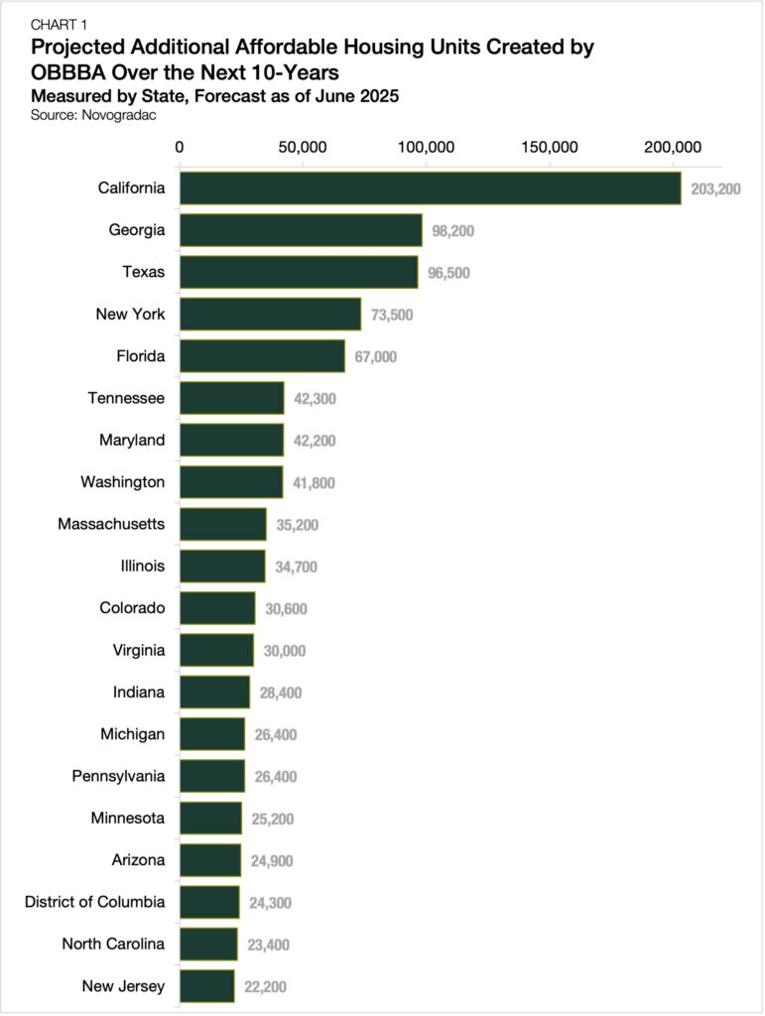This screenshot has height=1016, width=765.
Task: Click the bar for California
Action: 430,189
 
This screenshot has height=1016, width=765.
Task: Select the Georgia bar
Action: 301,230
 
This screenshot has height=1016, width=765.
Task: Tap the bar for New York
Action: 270,315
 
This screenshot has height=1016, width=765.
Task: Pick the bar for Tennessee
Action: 231,398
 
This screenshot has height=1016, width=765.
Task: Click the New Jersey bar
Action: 206,986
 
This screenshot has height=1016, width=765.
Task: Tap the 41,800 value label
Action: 315,483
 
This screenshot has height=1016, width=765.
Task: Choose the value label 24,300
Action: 271,903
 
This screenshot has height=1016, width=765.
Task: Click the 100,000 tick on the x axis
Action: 426,147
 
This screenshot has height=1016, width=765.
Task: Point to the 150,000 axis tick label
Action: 549,147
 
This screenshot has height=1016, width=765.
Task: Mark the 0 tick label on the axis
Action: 180,147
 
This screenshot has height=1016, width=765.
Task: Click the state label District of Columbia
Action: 95,902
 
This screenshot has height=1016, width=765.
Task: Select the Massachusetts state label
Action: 111,524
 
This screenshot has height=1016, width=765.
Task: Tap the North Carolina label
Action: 113,944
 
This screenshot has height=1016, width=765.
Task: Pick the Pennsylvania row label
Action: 118,776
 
